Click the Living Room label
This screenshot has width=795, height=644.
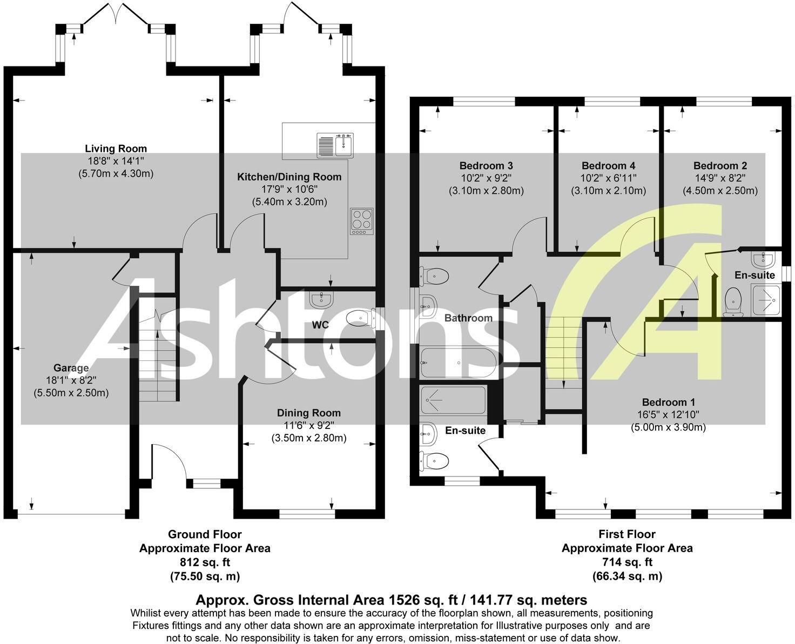(x=116, y=149)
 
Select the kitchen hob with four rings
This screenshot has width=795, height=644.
(x=361, y=220)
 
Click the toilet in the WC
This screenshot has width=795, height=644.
(x=359, y=319)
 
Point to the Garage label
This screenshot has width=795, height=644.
(x=71, y=368)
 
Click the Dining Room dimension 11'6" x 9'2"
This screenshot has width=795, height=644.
(x=308, y=426)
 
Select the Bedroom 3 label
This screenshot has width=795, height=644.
(x=486, y=166)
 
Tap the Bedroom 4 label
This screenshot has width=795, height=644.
(x=608, y=166)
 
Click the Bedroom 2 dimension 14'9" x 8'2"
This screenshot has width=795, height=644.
(x=720, y=178)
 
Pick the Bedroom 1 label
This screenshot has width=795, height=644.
(x=668, y=403)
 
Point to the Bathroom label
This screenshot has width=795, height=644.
(x=468, y=318)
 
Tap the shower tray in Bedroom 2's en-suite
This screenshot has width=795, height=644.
(x=766, y=300)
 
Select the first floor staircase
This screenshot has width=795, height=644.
(x=564, y=351)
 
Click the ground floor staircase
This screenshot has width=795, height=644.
(x=157, y=357)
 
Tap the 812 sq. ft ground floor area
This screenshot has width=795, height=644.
(x=204, y=562)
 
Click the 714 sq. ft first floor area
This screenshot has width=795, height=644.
(x=626, y=562)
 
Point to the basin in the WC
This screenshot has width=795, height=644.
(x=322, y=298)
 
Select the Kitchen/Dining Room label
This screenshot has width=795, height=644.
(x=289, y=177)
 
